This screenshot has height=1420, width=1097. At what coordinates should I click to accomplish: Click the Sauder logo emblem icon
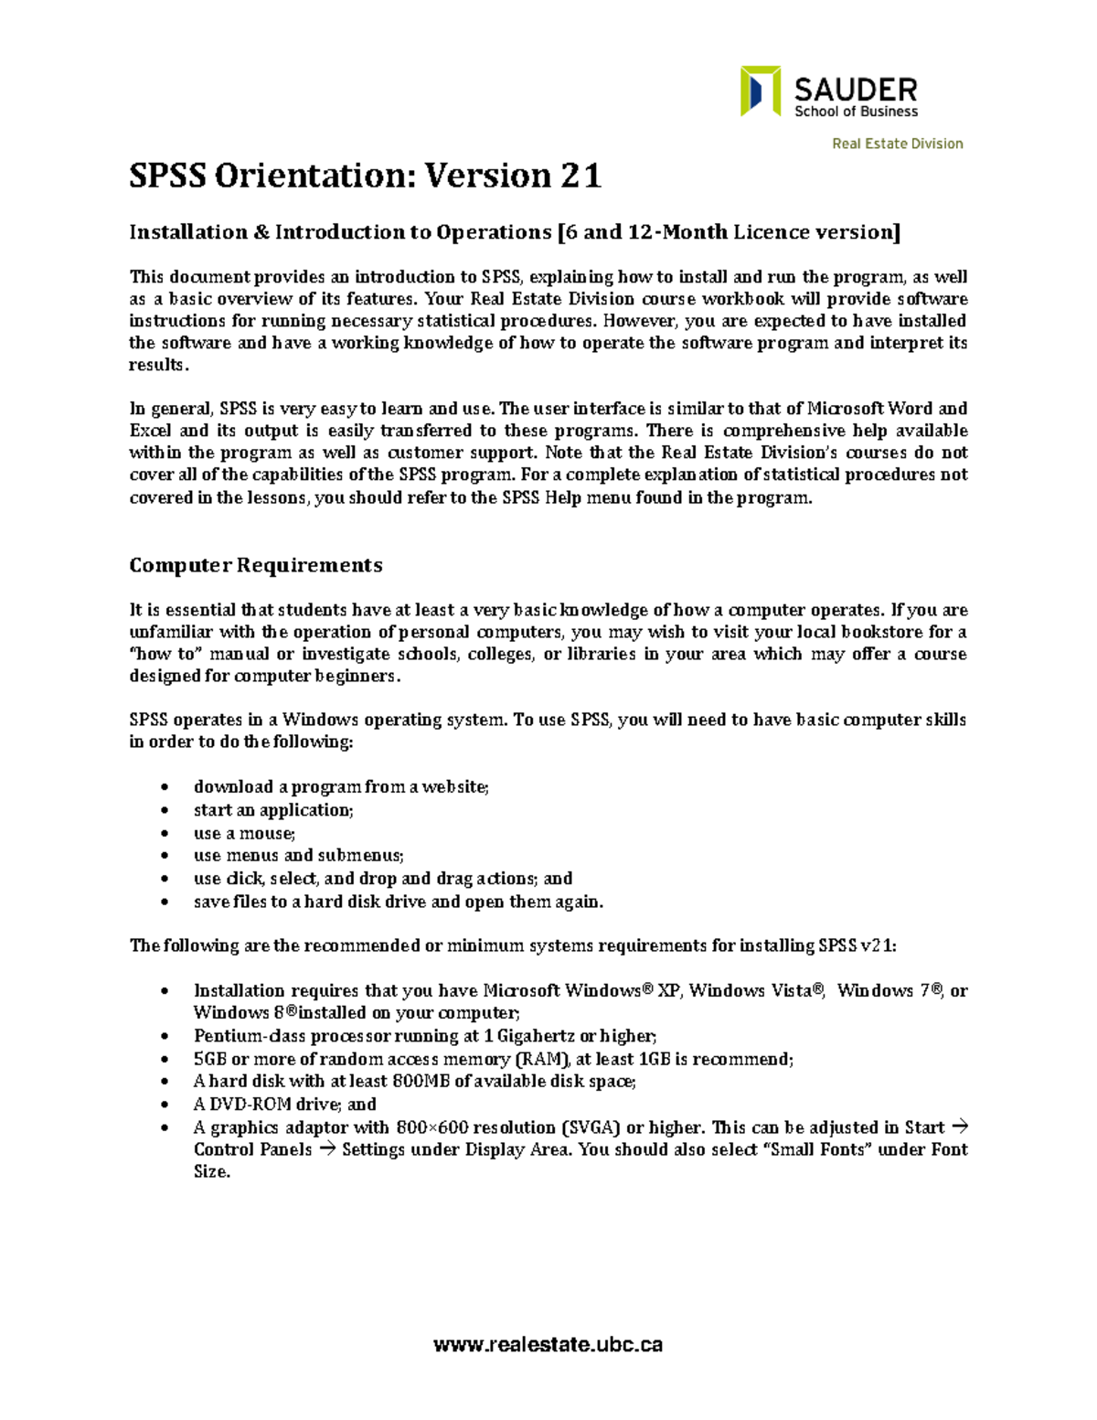[x=760, y=91]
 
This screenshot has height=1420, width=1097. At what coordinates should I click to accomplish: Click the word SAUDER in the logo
[x=855, y=89]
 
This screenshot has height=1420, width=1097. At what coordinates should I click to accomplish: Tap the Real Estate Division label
[x=897, y=144]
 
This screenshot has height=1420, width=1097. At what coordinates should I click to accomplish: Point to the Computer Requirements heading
[x=255, y=565]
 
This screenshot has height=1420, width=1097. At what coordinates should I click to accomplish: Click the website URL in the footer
[x=548, y=1344]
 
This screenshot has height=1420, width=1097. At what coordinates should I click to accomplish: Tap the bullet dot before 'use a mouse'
[x=164, y=833]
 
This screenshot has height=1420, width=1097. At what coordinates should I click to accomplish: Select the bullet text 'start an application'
[x=272, y=810]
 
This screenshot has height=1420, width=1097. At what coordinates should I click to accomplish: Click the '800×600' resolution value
[x=429, y=1127]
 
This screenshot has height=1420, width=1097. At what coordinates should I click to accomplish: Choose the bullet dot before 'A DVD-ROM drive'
[x=164, y=1105]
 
